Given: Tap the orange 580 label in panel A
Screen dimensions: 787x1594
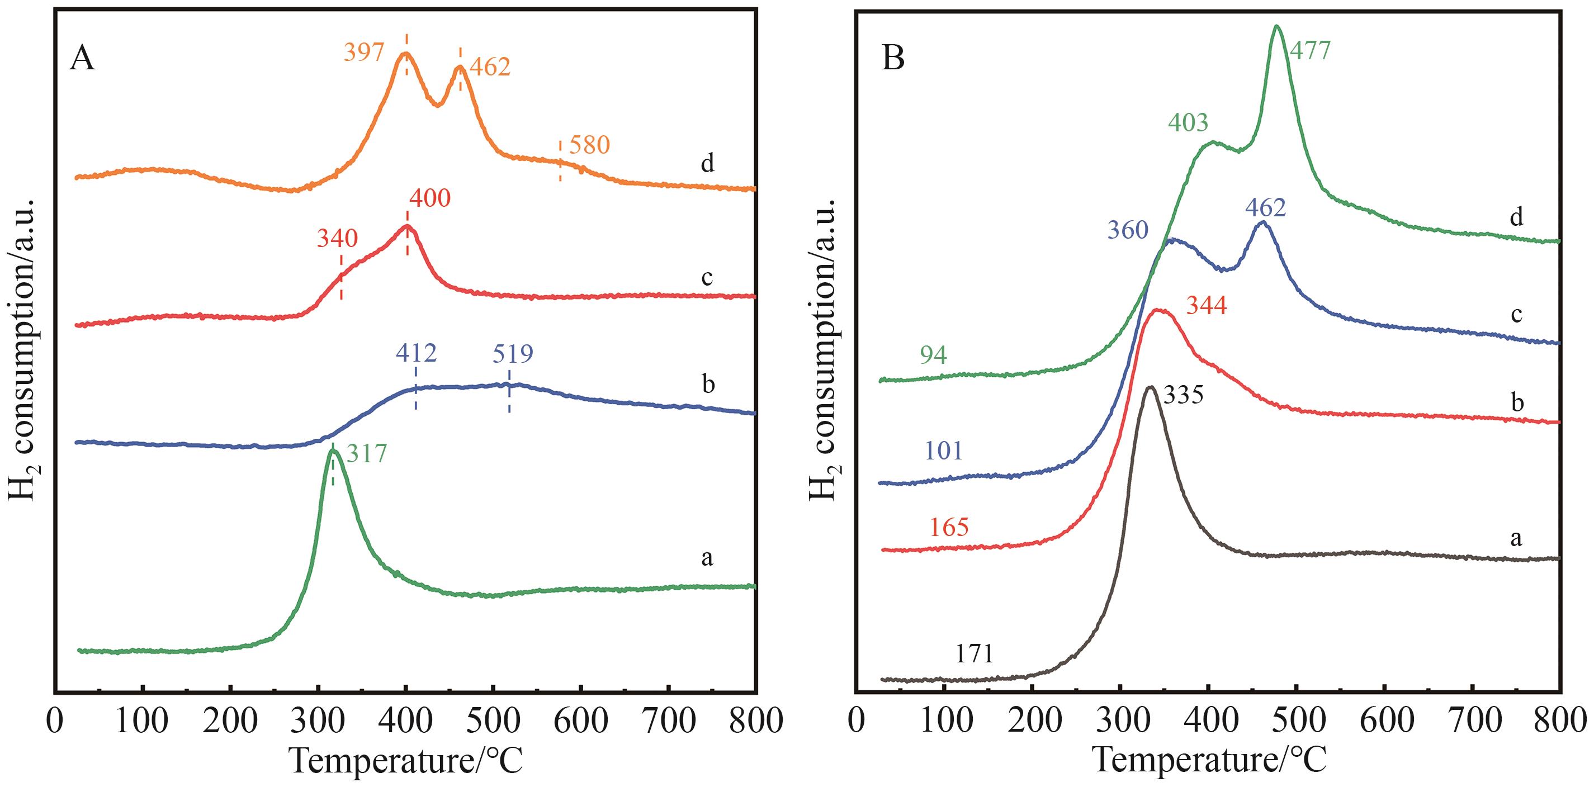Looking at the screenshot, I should point(589,145).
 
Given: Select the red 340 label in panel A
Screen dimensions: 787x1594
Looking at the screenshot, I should point(337,238).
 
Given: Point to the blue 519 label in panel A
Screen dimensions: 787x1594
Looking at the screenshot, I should point(513,354).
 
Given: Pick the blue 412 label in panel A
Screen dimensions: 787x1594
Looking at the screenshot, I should point(417,354).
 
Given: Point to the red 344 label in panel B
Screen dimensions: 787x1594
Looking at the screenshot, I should point(1206,306).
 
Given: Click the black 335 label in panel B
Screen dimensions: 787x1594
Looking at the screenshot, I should point(1183,395).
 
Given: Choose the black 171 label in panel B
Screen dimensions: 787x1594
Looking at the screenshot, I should point(974,654).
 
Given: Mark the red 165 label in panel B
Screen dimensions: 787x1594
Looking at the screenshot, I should point(949,528).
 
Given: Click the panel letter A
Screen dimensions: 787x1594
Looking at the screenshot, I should point(82,60).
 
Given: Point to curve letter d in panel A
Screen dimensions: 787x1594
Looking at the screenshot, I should point(707,164).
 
